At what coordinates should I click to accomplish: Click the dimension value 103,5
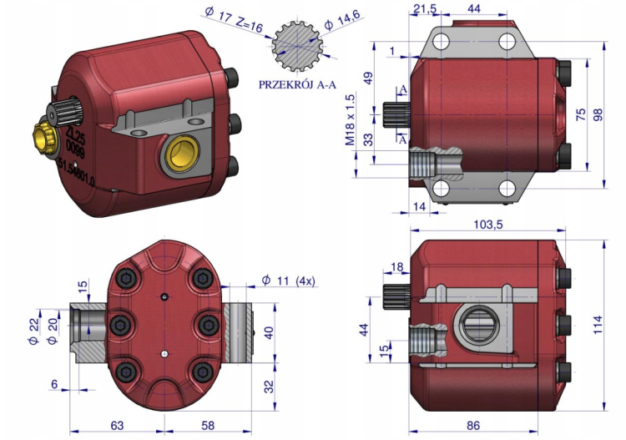488,225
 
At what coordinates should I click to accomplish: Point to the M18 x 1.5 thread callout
351,120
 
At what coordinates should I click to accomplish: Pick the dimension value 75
582,117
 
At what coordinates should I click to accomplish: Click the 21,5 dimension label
425,9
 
